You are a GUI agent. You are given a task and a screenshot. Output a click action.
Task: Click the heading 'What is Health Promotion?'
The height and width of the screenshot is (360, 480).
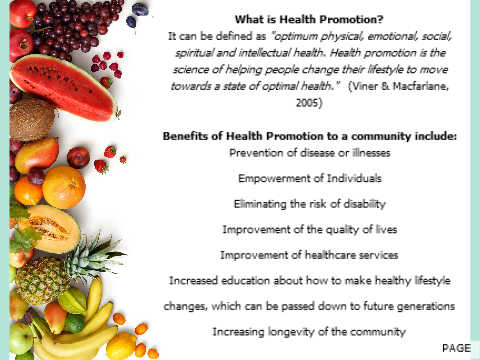[x=309, y=19]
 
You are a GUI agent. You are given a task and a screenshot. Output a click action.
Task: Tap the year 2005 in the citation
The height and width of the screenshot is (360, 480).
[x=308, y=102]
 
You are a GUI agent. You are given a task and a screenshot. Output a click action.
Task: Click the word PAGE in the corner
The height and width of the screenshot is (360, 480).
[x=456, y=348]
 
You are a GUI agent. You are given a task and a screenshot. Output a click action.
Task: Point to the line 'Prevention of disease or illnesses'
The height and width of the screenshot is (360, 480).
[x=310, y=153]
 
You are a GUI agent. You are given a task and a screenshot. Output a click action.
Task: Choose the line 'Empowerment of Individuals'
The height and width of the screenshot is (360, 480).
[x=310, y=178]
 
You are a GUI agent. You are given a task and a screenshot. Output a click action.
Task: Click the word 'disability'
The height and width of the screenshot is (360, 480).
[x=364, y=204]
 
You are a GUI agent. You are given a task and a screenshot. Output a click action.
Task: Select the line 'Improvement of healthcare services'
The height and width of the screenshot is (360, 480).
[x=309, y=255]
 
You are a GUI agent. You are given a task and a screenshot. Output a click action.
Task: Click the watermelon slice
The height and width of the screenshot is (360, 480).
[x=63, y=87]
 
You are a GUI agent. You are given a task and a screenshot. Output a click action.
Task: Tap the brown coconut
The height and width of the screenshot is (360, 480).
[x=32, y=119]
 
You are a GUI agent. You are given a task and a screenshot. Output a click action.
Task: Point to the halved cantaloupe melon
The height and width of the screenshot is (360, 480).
[x=52, y=228]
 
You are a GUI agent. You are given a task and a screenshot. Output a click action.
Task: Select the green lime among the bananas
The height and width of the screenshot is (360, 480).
[x=74, y=323]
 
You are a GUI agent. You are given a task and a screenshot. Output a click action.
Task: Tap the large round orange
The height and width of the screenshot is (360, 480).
[x=64, y=187]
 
